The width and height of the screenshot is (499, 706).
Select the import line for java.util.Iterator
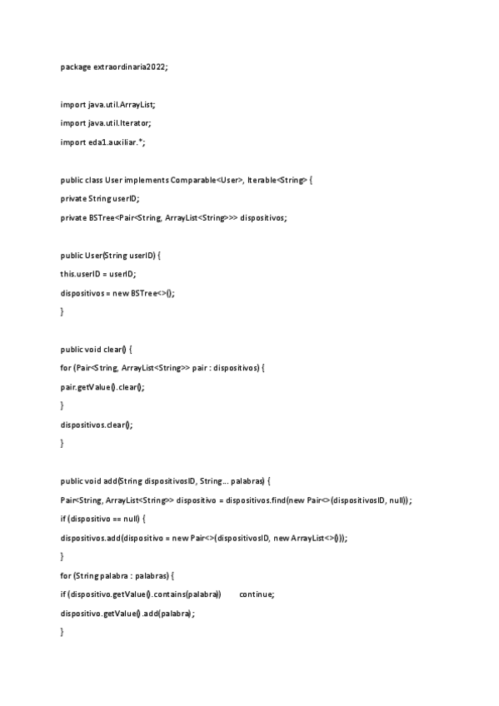pyautogui.click(x=106, y=122)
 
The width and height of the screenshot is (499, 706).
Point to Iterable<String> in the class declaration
pyautogui.click(x=277, y=180)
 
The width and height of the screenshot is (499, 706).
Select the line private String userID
pyautogui.click(x=100, y=198)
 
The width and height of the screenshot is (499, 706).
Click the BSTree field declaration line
pyautogui.click(x=173, y=217)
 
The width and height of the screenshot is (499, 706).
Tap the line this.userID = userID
pyautogui.click(x=97, y=274)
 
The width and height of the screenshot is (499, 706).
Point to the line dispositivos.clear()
pyautogui.click(x=97, y=424)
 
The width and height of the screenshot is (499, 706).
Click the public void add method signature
pyautogui.click(x=165, y=481)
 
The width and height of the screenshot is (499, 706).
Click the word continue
pyautogui.click(x=256, y=594)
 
